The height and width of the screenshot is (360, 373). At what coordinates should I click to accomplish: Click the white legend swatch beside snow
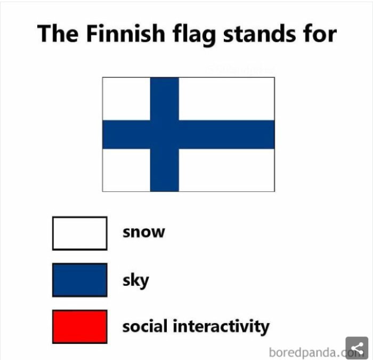click(x=79, y=233)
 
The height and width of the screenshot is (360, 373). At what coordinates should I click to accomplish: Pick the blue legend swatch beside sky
click(x=79, y=279)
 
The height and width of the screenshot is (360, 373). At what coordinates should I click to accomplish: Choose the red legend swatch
click(x=79, y=326)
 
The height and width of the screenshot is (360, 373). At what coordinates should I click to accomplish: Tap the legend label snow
click(x=144, y=233)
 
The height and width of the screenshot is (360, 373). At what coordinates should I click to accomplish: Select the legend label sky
click(x=136, y=280)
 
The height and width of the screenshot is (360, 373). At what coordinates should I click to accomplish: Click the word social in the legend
click(x=145, y=326)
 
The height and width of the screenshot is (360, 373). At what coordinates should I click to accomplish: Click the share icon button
click(x=356, y=348)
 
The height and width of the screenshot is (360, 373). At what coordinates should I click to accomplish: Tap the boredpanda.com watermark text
click(x=309, y=352)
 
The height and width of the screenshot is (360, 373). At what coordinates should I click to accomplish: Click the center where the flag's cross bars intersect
click(x=164, y=134)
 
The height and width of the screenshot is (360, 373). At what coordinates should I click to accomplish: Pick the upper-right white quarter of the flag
click(x=226, y=99)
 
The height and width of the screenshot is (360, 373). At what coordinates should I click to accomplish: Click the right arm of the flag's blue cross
click(x=226, y=134)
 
